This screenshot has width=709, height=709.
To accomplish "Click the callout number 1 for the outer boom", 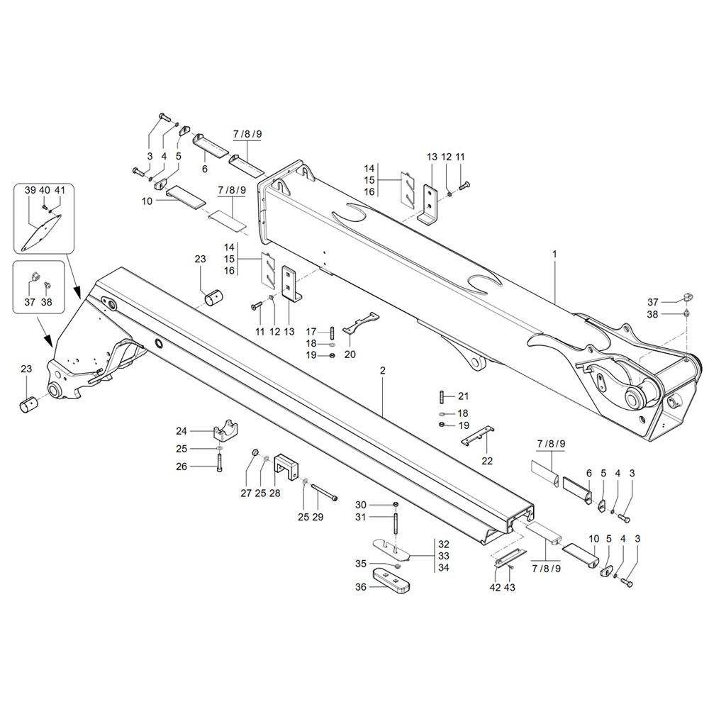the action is pyautogui.click(x=555, y=252).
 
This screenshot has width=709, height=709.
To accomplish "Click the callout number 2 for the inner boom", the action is pyautogui.click(x=382, y=371).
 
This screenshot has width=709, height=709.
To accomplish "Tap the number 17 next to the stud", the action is pyautogui.click(x=311, y=331).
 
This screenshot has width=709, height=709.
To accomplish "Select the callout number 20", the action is pyautogui.click(x=350, y=354).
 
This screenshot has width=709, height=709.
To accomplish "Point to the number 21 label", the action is pyautogui.click(x=463, y=396).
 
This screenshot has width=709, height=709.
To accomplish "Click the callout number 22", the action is pyautogui.click(x=487, y=461).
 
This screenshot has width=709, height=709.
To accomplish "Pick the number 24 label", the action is pyautogui.click(x=182, y=430).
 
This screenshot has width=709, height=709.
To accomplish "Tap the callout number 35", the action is pyautogui.click(x=361, y=564).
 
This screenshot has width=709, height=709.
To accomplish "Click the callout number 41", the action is pyautogui.click(x=60, y=190).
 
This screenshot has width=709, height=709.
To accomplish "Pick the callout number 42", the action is pyautogui.click(x=496, y=587).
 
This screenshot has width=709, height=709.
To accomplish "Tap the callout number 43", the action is pyautogui.click(x=509, y=587).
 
